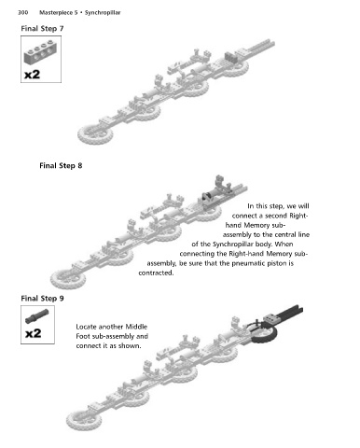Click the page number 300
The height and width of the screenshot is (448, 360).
point(23,13)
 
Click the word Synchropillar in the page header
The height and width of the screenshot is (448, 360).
point(103,13)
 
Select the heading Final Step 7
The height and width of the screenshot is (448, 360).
point(42,29)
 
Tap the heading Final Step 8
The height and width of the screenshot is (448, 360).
point(61,166)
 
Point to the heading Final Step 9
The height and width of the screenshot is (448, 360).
point(42,299)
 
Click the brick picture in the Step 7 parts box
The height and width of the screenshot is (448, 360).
point(40,52)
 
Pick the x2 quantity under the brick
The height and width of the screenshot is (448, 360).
point(33,75)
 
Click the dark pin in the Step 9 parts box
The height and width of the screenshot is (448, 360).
point(37,315)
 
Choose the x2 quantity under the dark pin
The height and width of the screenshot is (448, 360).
point(33,333)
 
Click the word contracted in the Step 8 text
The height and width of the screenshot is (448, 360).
point(156,273)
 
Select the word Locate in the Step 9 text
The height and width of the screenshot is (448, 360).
point(86,327)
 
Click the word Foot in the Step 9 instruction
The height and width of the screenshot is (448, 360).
point(82,337)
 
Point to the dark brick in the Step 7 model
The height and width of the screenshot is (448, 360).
point(230,56)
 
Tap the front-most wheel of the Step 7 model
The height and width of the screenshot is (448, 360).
point(95,133)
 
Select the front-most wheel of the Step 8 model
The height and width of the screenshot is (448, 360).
point(68,279)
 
